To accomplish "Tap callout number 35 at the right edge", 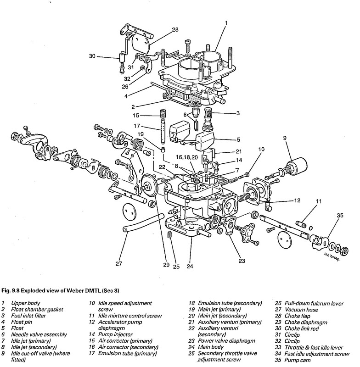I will [339, 214].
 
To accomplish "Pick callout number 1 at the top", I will [226, 22].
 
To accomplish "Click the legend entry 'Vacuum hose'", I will [302, 310].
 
